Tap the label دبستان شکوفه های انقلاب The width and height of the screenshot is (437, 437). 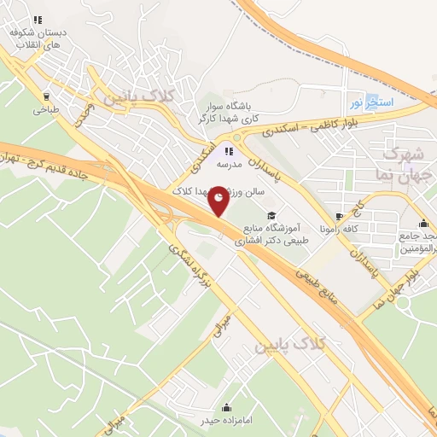[x=38, y=38]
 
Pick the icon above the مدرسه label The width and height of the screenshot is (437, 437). [x=228, y=150]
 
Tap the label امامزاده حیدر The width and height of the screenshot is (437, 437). [x=225, y=422]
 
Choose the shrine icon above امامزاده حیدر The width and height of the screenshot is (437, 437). [x=225, y=407]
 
